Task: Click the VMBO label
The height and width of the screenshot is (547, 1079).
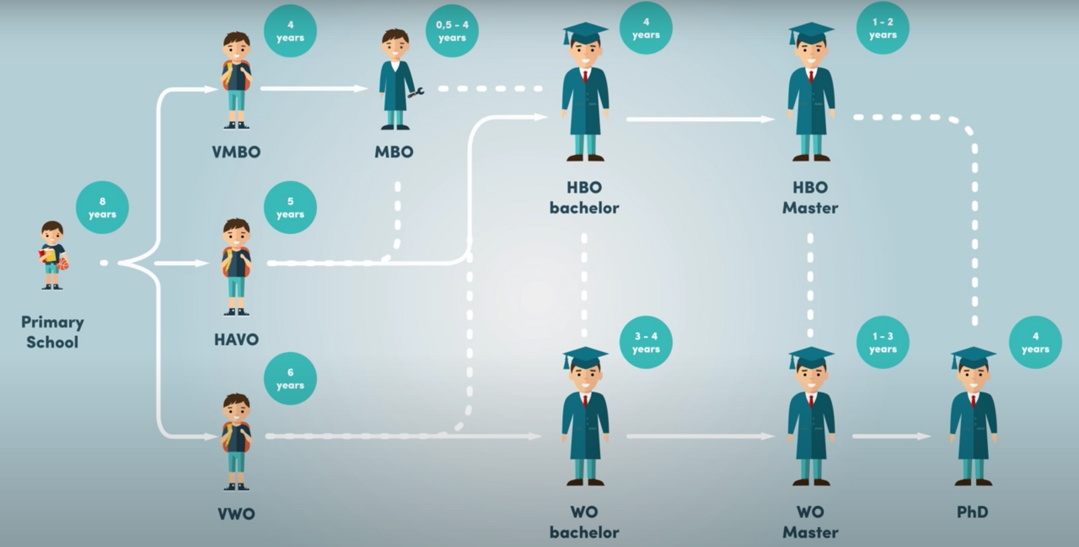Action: [x=236, y=152]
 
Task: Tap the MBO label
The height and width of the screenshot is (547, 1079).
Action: [x=394, y=152]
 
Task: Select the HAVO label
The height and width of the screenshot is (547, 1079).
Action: [x=236, y=339]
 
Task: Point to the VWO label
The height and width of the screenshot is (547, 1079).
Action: [x=236, y=514]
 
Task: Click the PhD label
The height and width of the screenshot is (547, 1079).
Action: [x=972, y=512]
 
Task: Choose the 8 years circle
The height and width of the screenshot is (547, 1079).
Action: [x=102, y=208]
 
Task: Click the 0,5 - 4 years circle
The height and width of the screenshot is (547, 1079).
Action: [x=452, y=31]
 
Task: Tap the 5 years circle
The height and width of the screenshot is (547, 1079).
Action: [x=290, y=208]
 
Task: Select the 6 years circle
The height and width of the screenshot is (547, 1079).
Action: [x=290, y=379]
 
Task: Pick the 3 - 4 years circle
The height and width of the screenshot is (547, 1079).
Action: [x=646, y=343]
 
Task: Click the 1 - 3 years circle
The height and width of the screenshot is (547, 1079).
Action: [x=883, y=343]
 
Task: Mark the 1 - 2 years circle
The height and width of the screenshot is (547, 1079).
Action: [x=883, y=28]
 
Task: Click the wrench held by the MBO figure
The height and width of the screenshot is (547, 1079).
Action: [x=416, y=93]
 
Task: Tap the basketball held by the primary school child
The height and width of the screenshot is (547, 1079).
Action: [x=63, y=264]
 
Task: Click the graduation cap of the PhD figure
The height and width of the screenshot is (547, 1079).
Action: [x=973, y=357]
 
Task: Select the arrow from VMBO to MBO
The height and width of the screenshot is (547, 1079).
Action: [x=314, y=88]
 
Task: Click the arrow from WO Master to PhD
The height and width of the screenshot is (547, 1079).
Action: [x=892, y=436]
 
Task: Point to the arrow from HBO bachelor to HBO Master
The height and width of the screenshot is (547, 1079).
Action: [x=701, y=119]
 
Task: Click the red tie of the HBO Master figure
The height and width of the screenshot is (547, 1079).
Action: [x=811, y=76]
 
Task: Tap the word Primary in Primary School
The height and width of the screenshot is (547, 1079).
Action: [x=52, y=323]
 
